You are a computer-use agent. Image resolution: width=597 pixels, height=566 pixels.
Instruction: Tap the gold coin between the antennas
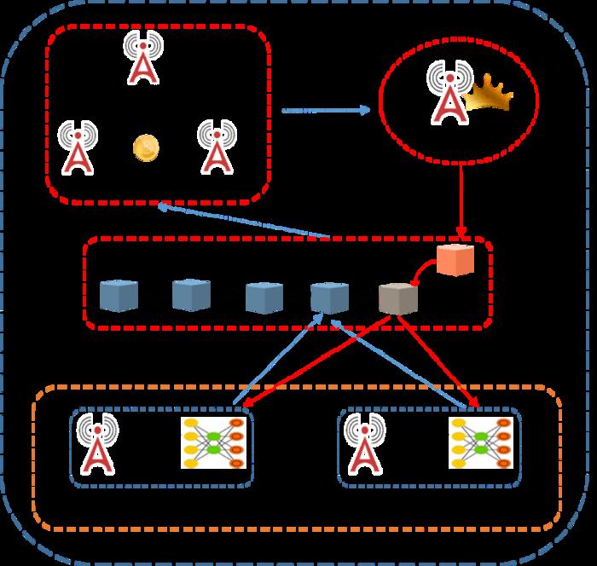(146, 148)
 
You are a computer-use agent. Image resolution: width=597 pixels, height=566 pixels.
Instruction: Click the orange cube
(455, 260)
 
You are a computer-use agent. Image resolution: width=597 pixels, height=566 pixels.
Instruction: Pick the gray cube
(398, 298)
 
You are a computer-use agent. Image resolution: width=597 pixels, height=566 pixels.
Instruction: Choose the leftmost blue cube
(119, 294)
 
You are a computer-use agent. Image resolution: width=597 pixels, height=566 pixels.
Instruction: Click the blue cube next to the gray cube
(329, 297)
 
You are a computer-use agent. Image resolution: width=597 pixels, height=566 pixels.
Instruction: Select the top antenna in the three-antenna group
(142, 57)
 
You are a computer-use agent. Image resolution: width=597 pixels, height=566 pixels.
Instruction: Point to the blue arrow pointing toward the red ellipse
(324, 110)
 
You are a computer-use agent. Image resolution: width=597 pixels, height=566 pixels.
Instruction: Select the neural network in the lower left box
(213, 442)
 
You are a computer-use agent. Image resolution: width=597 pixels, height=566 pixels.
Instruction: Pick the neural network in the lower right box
(480, 442)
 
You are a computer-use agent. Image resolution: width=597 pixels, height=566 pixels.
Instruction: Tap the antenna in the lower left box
(97, 444)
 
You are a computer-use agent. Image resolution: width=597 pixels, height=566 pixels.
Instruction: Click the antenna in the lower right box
(364, 443)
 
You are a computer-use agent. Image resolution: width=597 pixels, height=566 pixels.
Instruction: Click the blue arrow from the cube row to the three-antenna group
(247, 222)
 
